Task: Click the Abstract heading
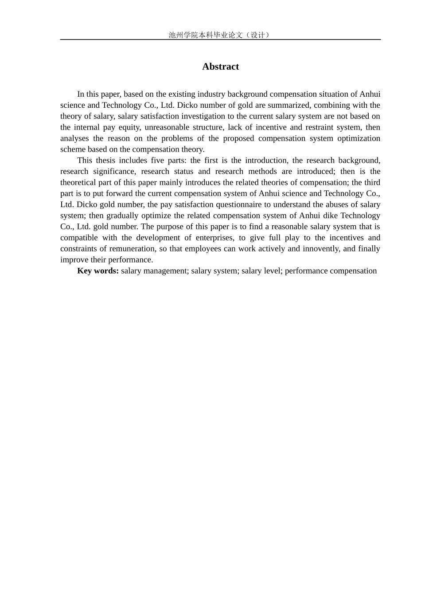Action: click(x=220, y=67)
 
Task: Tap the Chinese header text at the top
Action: click(x=220, y=35)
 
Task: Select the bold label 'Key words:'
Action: click(x=98, y=271)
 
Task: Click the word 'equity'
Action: click(x=128, y=127)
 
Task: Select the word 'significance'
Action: click(x=113, y=172)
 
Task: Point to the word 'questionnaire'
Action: click(x=238, y=204)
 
